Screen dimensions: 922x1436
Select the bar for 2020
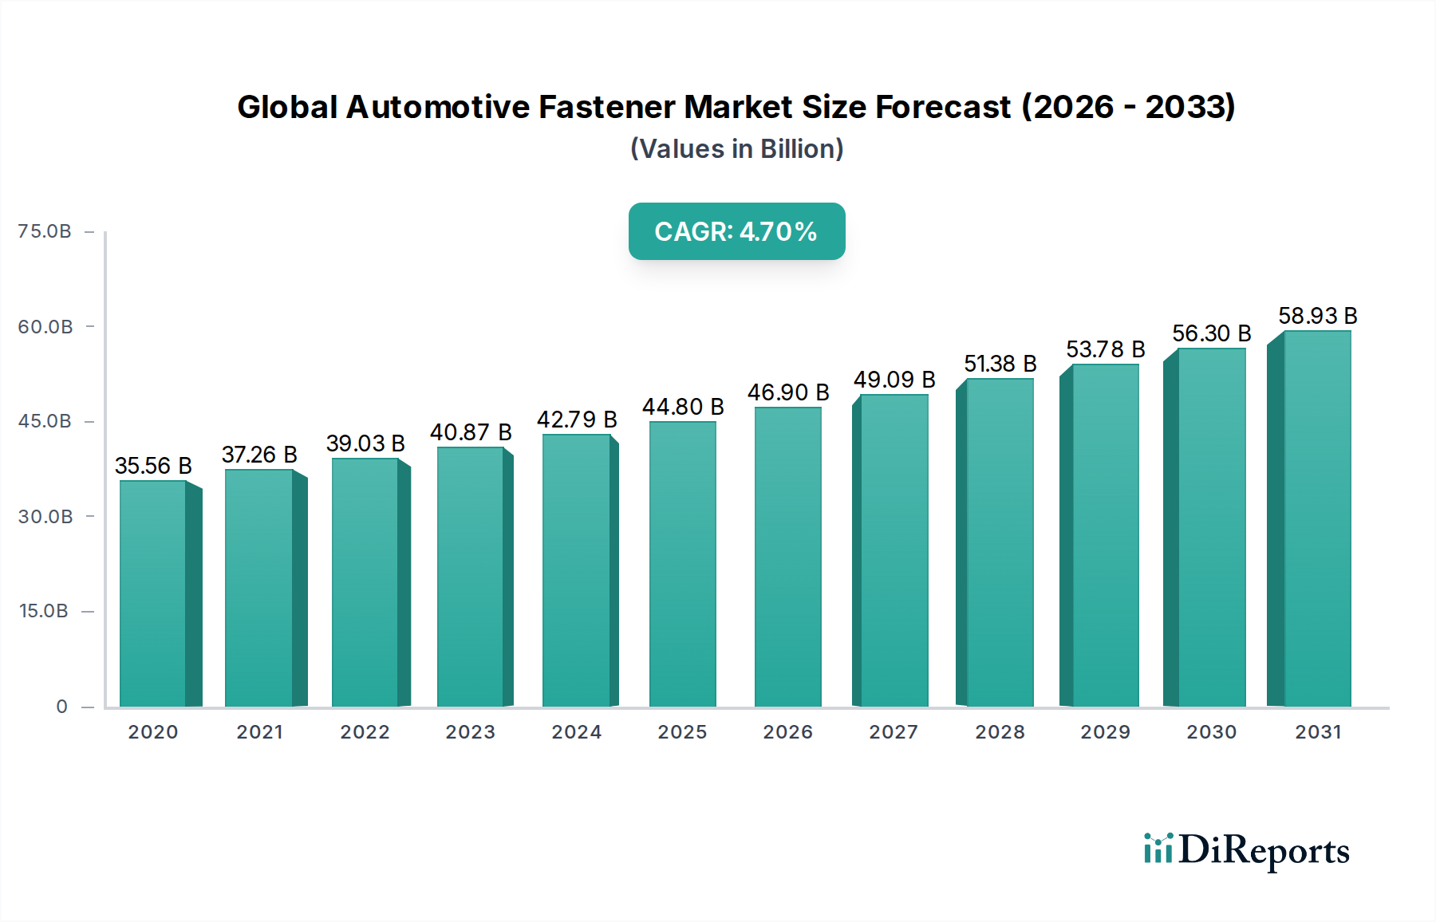(x=153, y=594)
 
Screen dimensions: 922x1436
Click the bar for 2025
(x=683, y=565)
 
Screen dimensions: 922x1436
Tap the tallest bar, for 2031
(x=1317, y=518)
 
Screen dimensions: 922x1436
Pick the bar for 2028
(x=1000, y=542)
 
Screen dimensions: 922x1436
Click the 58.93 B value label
(x=1318, y=316)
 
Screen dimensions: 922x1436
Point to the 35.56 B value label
(x=153, y=466)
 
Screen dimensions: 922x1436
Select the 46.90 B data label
(x=788, y=392)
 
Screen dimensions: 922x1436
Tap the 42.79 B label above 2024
(x=577, y=420)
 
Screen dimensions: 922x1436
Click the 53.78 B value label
(x=1106, y=349)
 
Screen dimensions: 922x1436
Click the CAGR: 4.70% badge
(x=736, y=231)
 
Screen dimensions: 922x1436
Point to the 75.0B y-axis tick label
(x=45, y=231)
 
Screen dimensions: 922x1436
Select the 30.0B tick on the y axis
(x=45, y=517)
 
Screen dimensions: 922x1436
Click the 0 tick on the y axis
(x=61, y=707)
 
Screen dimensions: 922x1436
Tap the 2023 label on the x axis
(x=471, y=732)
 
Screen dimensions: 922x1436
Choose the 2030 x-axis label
(x=1211, y=732)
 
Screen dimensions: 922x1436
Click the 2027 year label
(x=894, y=732)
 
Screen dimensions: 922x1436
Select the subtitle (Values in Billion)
(x=736, y=149)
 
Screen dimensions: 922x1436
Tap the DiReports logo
(x=1246, y=850)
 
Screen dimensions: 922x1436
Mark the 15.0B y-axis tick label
(x=44, y=611)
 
